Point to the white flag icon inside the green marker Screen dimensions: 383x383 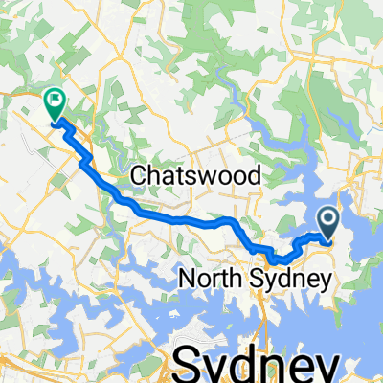coord(55,98)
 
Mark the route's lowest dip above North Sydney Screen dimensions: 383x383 coord(276,259)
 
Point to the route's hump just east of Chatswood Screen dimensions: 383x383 coord(226,221)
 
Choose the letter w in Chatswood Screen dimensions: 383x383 coord(204,176)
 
